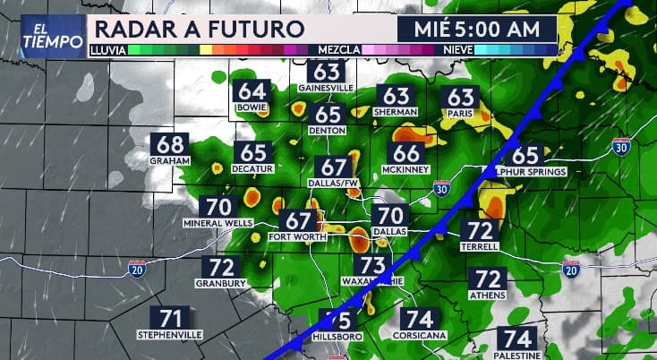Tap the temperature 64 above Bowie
(252, 92)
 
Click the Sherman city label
(397, 111)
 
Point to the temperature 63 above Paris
(460, 97)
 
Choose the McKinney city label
(406, 169)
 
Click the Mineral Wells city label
(218, 223)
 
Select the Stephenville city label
(170, 334)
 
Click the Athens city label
(488, 295)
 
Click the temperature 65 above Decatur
(253, 153)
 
